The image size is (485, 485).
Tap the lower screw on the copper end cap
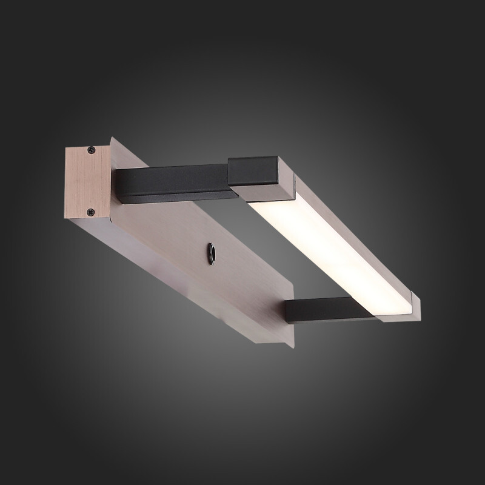pyautogui.click(x=90, y=212)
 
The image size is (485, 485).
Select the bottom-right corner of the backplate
pyautogui.click(x=292, y=344)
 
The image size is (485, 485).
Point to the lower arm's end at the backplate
pyautogui.click(x=289, y=314)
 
